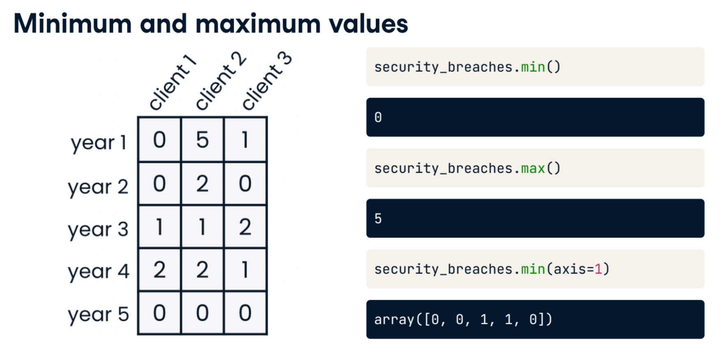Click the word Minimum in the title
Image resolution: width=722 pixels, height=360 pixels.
(72, 23)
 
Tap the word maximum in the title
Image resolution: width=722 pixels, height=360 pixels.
(258, 23)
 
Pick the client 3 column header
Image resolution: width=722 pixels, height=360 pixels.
(266, 81)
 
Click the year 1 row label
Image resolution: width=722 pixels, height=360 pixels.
(99, 143)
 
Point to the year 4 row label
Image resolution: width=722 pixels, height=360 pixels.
(99, 272)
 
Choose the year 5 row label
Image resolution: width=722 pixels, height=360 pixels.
(99, 315)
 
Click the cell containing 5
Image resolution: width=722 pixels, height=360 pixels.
(202, 139)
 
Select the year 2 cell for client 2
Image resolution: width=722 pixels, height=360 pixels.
(202, 183)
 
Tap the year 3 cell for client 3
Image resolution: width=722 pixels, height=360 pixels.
(245, 227)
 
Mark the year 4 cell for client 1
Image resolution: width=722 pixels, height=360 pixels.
(159, 270)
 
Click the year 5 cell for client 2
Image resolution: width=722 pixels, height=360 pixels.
(202, 313)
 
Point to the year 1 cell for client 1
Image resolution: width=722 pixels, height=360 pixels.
(159, 139)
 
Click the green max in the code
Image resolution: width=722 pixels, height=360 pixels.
(533, 168)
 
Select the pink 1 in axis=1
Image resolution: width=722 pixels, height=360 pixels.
(598, 269)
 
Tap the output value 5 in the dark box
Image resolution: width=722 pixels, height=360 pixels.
(378, 218)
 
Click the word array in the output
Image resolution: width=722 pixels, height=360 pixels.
(394, 320)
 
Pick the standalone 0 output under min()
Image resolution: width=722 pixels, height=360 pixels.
(378, 117)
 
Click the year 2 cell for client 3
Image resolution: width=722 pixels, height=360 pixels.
(245, 183)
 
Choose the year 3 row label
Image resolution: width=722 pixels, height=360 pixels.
(98, 229)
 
